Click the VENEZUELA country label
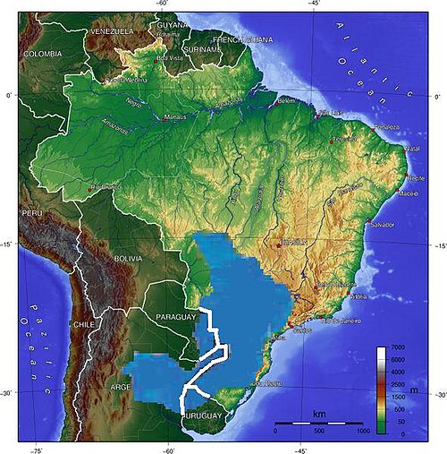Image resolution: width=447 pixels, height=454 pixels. [112, 31]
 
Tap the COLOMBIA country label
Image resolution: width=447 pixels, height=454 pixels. [42, 55]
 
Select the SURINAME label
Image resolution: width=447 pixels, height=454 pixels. [202, 49]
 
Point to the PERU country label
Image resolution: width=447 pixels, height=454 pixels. [32, 214]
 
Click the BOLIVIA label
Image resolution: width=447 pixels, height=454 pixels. [129, 259]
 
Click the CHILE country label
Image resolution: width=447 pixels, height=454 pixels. [83, 324]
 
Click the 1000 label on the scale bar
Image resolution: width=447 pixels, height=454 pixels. [363, 432]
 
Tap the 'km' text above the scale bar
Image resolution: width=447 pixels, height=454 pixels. [318, 414]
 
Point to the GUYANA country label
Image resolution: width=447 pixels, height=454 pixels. [173, 26]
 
